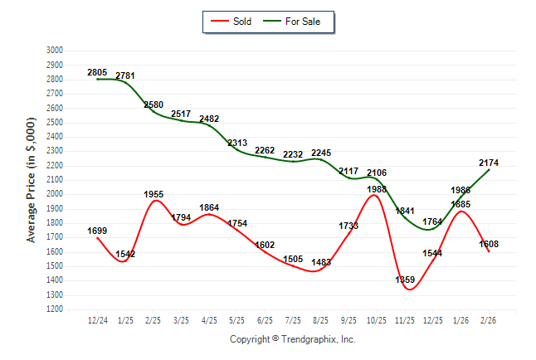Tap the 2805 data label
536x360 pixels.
coord(97,72)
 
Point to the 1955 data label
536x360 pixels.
coord(153,194)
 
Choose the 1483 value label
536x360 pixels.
coord(322,263)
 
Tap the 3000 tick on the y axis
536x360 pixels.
coord(54,50)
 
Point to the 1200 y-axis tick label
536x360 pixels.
coord(54,309)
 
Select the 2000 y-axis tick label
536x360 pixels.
coord(54,194)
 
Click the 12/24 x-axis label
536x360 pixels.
coord(97,320)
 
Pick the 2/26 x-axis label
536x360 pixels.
coord(489,320)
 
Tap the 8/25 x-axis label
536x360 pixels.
coord(321,320)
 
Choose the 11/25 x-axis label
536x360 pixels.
coord(405,320)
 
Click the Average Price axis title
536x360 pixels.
coord(32,179)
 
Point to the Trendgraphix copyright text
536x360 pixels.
coord(292,339)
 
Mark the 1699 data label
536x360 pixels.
coord(97,230)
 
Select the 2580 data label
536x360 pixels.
coord(153,105)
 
